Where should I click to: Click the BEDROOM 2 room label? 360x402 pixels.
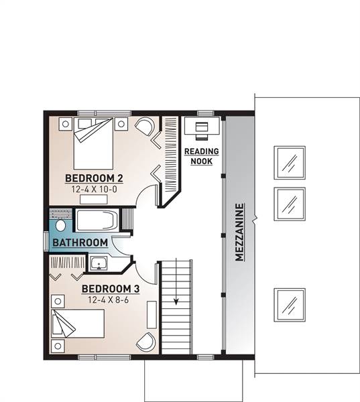click(x=94, y=178)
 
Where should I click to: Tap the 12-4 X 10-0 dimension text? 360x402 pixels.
click(x=94, y=190)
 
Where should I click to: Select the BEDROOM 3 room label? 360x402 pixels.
click(x=111, y=289)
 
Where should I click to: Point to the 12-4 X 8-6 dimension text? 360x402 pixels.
click(x=109, y=299)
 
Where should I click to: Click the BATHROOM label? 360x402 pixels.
click(x=80, y=243)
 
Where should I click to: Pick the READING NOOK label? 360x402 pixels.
click(x=202, y=156)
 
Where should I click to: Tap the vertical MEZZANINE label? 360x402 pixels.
click(x=239, y=232)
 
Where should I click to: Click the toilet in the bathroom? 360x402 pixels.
click(x=60, y=226)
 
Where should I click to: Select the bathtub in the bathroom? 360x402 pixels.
click(x=97, y=220)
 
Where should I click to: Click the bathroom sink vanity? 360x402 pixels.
click(x=99, y=263)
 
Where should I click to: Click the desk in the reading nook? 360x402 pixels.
click(x=202, y=126)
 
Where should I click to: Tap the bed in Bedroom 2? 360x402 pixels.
click(x=93, y=143)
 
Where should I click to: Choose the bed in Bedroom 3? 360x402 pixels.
click(x=78, y=324)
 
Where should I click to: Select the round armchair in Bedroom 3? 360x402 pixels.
click(x=146, y=342)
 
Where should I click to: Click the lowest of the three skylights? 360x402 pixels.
click(x=290, y=305)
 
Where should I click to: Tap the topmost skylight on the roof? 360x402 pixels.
click(x=290, y=163)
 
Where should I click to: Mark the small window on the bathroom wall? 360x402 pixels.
click(x=46, y=241)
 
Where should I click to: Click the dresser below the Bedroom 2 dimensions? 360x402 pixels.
click(x=93, y=200)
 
